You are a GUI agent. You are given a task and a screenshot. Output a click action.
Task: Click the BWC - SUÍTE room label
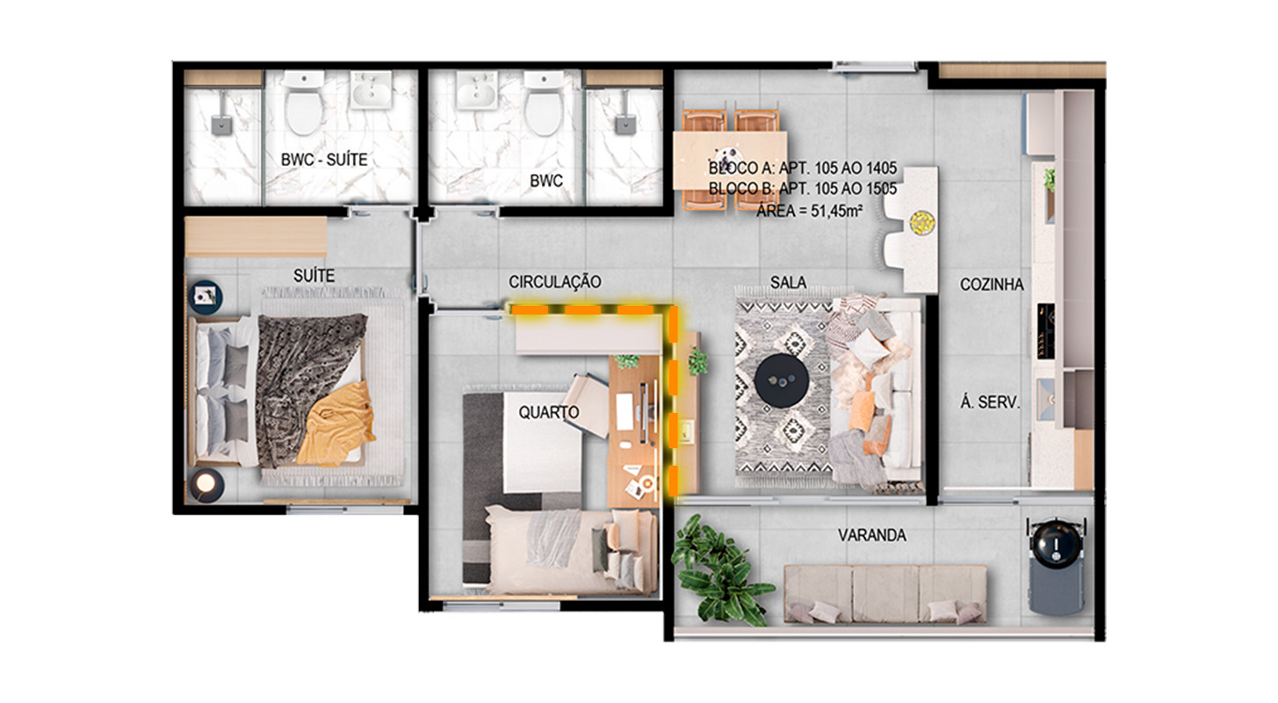coord(324,160)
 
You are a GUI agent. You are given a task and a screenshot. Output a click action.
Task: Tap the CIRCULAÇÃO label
coord(554,282)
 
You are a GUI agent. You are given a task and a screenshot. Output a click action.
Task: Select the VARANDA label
coord(872,535)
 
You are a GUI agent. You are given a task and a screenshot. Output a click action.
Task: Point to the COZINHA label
coord(992,284)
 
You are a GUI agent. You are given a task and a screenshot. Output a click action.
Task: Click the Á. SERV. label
coord(989,402)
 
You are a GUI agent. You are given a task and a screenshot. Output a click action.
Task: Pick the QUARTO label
coord(549,412)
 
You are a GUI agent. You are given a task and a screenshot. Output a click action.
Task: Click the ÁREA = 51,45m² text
coord(809,211)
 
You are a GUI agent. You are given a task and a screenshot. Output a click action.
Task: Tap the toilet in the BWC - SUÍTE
coord(304,103)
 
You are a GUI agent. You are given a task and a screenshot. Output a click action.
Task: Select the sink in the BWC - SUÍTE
coord(371,91)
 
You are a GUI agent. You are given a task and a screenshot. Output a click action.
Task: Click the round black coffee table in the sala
coord(781,380)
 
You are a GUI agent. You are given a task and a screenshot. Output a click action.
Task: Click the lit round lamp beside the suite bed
coord(206,484)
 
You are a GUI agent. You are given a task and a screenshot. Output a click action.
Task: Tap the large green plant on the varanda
coord(720,569)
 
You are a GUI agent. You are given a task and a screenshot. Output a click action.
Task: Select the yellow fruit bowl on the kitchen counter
coord(921,222)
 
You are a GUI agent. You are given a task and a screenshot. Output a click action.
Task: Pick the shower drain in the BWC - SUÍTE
coord(221,126)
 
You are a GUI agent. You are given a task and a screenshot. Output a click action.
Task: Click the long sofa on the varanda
coord(885,593)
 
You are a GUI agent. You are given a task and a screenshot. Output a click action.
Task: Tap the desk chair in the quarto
coord(587,404)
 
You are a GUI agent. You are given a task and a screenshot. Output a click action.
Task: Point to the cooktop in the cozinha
coord(1046,331)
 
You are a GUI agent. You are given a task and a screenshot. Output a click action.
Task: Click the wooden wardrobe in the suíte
coord(256,236)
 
